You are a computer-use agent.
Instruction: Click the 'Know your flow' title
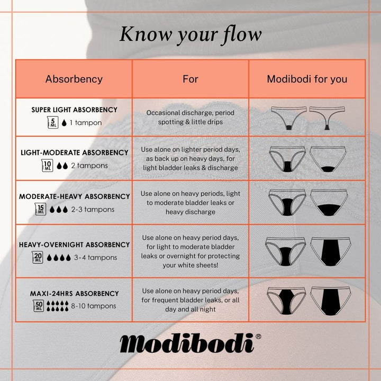click(x=190, y=34)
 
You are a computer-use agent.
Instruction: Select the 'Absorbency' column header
click(x=74, y=79)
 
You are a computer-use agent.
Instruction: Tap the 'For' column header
click(x=190, y=79)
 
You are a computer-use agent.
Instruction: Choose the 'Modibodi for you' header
click(x=307, y=79)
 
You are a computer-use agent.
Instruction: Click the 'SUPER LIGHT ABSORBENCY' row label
click(x=74, y=110)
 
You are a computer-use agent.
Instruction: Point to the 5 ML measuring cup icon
click(x=52, y=123)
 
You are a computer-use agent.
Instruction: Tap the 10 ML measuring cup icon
click(x=47, y=166)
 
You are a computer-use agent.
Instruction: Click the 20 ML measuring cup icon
click(x=37, y=258)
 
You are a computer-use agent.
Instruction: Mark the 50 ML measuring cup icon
click(x=39, y=305)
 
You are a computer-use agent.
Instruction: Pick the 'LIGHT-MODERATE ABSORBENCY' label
click(x=74, y=152)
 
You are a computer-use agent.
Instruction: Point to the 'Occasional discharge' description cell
click(x=190, y=117)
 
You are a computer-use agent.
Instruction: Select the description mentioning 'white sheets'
click(x=190, y=251)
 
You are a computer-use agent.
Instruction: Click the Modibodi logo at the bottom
click(x=187, y=343)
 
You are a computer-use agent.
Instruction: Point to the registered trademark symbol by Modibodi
click(x=258, y=336)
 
